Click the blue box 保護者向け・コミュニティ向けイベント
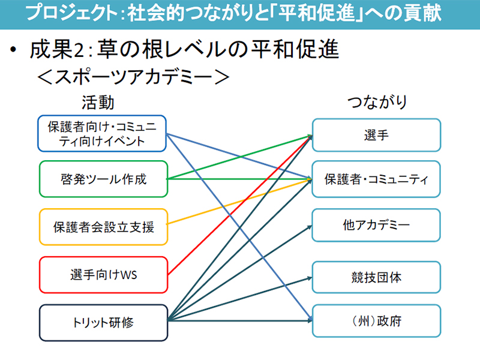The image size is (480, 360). point(102,133)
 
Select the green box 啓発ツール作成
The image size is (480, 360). point(103,179)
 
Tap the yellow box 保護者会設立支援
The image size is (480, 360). point(103,227)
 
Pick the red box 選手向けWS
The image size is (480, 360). point(103,275)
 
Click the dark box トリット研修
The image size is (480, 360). point(103,323)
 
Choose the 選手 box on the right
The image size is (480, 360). point(377,135)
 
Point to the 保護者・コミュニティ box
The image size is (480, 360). point(376,179)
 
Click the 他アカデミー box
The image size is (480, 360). point(376,226)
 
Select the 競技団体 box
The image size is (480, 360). point(377,277)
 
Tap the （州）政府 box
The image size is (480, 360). point(377,321)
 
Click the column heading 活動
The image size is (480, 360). point(98,102)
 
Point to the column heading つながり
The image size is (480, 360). point(377,102)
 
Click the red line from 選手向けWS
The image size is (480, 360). point(240,205)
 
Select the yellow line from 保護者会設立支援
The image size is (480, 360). point(239,202)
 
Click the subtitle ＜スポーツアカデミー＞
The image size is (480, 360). point(133,77)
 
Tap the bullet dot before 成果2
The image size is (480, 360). point(13,49)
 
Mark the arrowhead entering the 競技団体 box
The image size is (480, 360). point(309,278)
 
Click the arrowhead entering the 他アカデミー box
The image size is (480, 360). point(310,227)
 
